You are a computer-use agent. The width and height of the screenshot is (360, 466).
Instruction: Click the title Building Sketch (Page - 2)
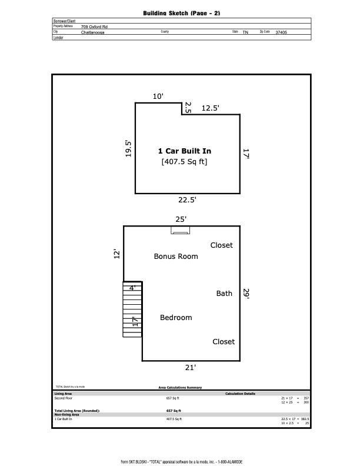(x=181, y=13)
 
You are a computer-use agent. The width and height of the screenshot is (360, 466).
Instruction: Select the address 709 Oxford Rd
(x=94, y=26)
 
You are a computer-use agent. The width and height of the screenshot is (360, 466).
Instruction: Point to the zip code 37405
(x=281, y=32)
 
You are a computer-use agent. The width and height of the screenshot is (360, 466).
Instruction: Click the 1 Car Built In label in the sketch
(x=184, y=151)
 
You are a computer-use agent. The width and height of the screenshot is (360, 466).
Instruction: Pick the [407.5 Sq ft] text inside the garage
(x=184, y=162)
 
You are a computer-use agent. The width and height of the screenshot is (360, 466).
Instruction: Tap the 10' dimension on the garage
(x=158, y=96)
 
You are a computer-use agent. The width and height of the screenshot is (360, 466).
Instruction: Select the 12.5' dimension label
(x=211, y=108)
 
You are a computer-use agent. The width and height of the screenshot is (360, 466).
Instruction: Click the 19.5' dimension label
(x=129, y=148)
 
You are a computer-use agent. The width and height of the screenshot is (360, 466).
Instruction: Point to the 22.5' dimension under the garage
(x=187, y=200)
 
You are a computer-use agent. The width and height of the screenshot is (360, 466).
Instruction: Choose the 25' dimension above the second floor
(x=181, y=219)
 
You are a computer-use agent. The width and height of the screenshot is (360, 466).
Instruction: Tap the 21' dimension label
(x=190, y=368)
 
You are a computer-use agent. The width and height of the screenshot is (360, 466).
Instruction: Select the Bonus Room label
(x=176, y=257)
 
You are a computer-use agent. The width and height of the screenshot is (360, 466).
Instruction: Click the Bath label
(x=224, y=294)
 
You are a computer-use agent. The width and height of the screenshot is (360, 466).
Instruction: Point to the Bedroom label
(x=176, y=318)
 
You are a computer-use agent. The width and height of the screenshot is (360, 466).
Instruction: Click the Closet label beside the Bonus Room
(x=222, y=245)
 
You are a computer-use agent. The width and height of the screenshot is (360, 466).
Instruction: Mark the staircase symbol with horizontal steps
(x=132, y=310)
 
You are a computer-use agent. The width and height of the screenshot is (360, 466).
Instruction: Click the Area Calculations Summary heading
(x=180, y=388)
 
